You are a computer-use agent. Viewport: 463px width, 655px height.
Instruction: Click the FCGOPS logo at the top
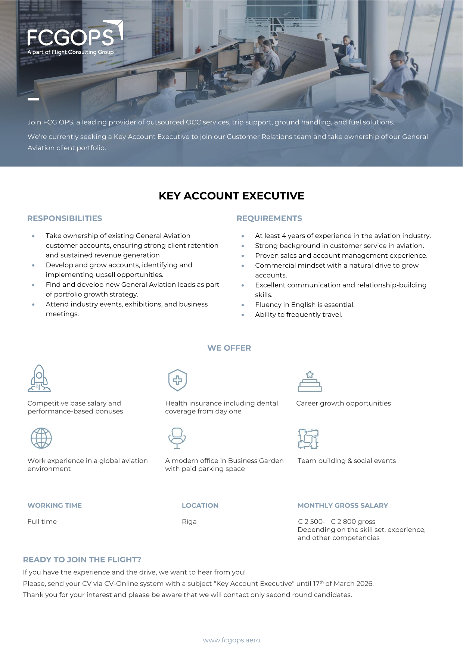[75, 37]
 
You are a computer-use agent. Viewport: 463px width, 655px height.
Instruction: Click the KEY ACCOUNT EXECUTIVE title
[232, 196]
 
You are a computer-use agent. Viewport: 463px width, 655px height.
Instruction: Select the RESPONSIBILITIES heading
[65, 218]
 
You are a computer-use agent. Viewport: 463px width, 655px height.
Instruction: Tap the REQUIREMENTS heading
[269, 218]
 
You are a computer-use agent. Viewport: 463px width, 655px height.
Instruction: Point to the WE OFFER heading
[229, 348]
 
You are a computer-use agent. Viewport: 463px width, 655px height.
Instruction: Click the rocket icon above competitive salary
[39, 378]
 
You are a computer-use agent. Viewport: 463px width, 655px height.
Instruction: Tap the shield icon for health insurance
[177, 380]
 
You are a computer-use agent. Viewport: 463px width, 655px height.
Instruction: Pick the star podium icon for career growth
[310, 381]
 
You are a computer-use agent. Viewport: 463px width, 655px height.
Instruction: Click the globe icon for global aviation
[41, 438]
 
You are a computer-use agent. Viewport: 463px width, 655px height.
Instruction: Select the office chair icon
[177, 438]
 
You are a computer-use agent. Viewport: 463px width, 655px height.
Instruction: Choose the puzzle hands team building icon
[308, 438]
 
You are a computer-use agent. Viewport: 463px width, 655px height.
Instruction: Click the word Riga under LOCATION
[189, 522]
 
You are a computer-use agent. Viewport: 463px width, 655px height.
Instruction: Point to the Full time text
[42, 522]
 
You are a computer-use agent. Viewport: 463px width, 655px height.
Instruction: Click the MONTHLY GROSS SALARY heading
[343, 506]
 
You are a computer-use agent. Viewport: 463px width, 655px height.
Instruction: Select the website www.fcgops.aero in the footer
[232, 640]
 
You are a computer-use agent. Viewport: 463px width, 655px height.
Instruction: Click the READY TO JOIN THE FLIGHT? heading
[82, 560]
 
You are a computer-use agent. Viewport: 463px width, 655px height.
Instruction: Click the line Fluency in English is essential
[305, 305]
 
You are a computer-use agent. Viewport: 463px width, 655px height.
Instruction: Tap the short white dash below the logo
[33, 99]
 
